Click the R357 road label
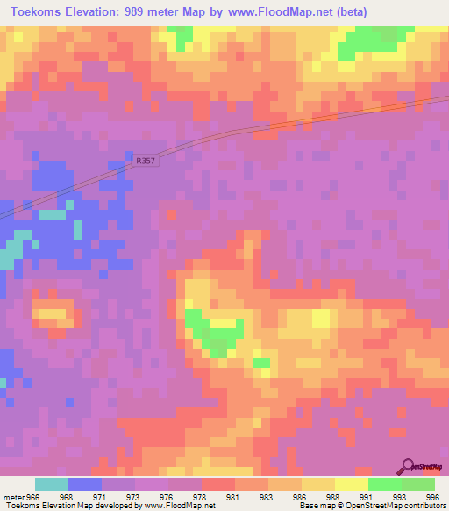pyautogui.click(x=146, y=162)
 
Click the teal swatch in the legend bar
pyautogui.click(x=52, y=484)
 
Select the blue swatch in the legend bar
pyautogui.click(x=85, y=484)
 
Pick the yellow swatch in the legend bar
pyautogui.click(x=352, y=484)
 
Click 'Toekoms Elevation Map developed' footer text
pyautogui.click(x=70, y=506)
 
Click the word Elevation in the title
pyautogui.click(x=89, y=11)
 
